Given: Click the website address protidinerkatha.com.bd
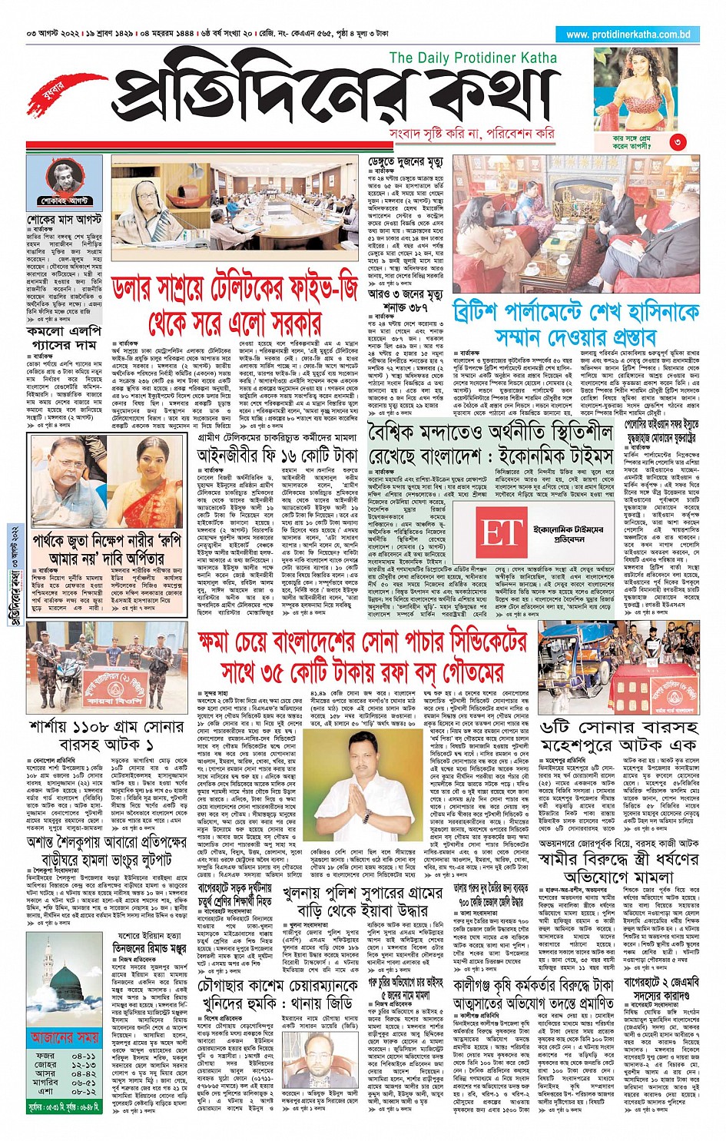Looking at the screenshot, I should coord(628,34).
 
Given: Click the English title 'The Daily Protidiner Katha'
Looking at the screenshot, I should coord(472,58).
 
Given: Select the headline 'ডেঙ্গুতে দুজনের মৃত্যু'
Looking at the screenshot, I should coord(405,162).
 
